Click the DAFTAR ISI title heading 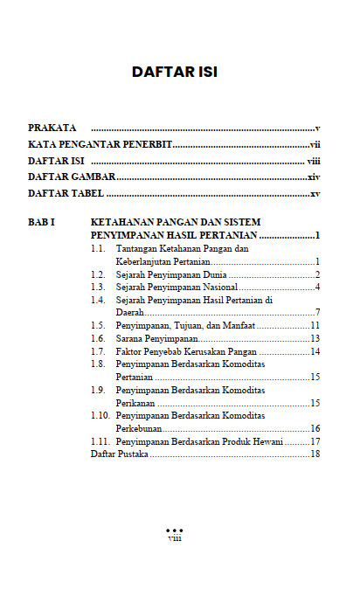(175, 72)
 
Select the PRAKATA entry (52, 128)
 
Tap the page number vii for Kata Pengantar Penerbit (315, 144)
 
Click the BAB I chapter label (41, 223)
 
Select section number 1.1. (99, 249)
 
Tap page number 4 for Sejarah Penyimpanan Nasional (318, 287)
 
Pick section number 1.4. (99, 300)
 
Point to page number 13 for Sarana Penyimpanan (315, 338)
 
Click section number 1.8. (99, 364)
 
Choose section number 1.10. (101, 415)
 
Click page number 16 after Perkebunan (315, 428)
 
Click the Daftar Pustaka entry (120, 454)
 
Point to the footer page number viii (175, 539)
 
